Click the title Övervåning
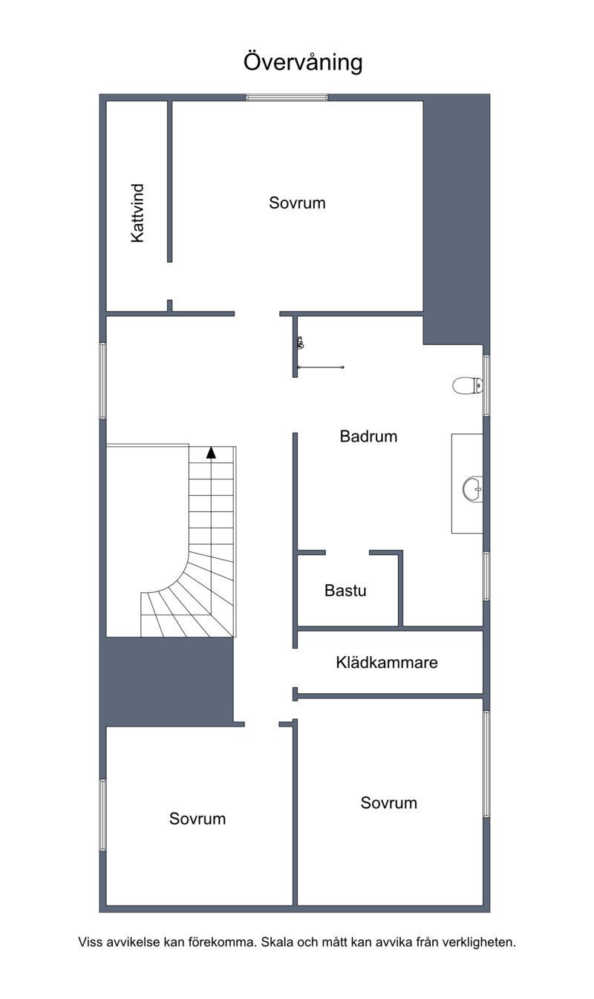pos(303,62)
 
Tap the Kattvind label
pos(137,213)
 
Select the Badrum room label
pos(368,436)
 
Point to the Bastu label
pos(345,590)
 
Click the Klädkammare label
pos(387,662)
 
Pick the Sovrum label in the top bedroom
pos(297,203)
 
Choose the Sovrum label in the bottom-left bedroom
pos(198,819)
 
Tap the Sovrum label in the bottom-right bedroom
pos(389,802)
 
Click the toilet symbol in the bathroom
pos(468,385)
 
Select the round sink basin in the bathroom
pos(473,489)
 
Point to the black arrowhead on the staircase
pos(211,453)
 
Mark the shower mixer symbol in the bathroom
pos(301,342)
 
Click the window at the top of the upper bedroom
pos(287,97)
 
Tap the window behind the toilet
pos(486,386)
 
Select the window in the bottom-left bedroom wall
pos(102,815)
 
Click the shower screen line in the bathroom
pos(321,367)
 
